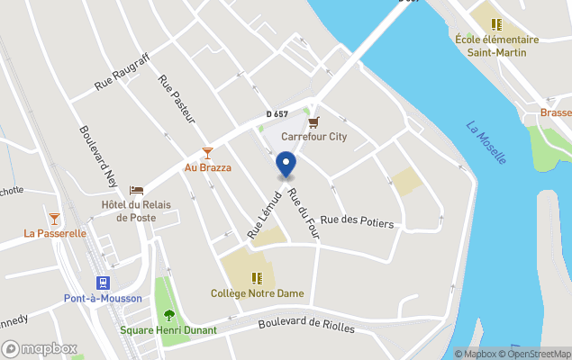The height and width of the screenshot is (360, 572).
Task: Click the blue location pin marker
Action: tap(286, 165)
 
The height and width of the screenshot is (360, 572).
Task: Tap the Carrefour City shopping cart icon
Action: tap(313, 122)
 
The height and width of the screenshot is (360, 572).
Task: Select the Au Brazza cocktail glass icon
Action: tap(208, 153)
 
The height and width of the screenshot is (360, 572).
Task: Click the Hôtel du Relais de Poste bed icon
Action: tap(136, 191)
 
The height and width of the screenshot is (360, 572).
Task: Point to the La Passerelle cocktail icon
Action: tap(55, 218)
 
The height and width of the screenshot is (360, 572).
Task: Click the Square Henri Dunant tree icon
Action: tap(168, 314)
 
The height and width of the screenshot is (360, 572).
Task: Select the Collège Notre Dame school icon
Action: tap(257, 278)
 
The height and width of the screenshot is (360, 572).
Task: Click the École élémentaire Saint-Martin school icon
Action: tap(496, 24)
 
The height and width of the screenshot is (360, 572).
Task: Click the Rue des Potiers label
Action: tap(358, 220)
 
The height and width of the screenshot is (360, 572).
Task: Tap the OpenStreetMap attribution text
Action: tap(539, 354)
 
